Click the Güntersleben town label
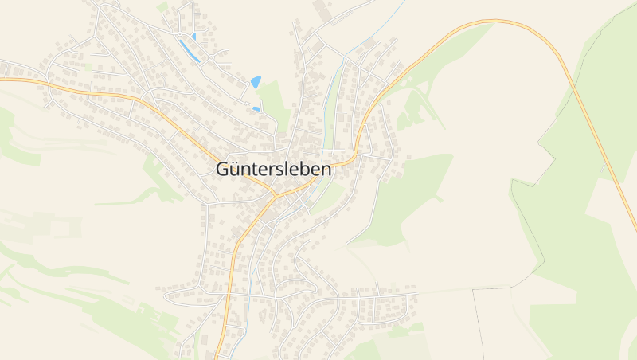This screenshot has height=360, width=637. (275, 170)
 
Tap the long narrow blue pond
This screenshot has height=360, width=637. (190, 51)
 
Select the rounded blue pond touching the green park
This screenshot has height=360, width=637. (256, 81)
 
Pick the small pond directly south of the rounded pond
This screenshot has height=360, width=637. (256, 108)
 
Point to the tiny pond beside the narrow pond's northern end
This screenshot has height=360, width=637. (193, 36)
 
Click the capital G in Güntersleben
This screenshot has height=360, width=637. (224, 170)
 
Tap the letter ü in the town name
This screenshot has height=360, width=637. (237, 170)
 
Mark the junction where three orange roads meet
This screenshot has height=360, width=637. (275, 194)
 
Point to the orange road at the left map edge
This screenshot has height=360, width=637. (3, 80)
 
